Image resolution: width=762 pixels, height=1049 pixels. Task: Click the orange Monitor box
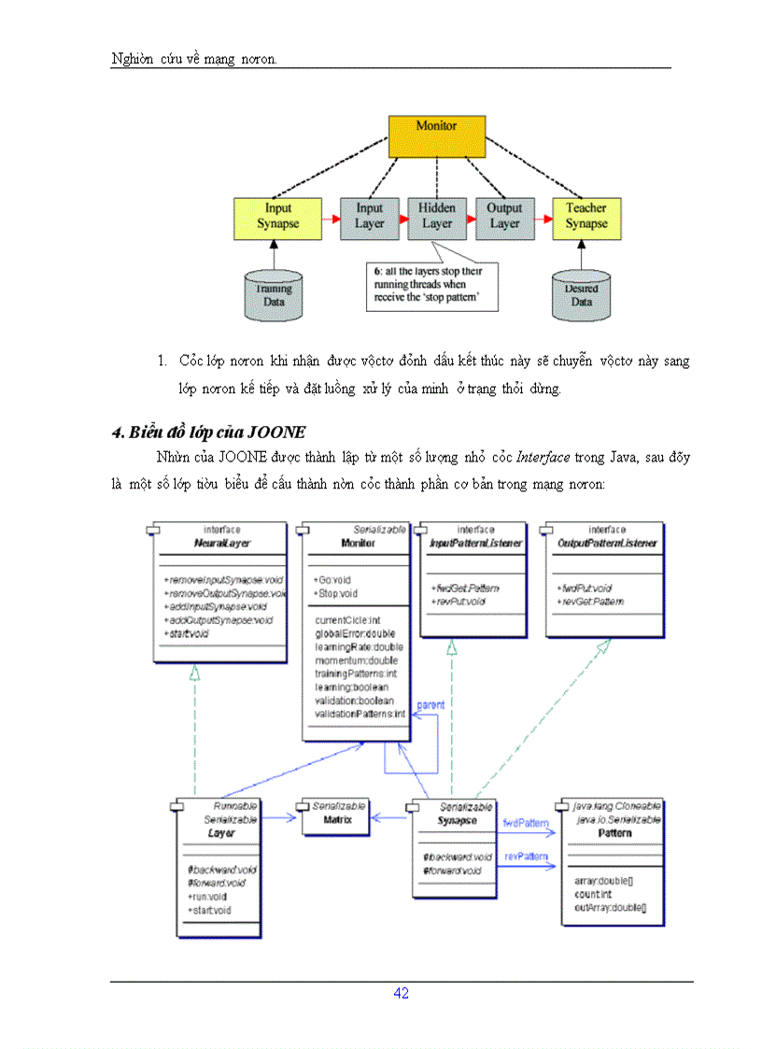tap(436, 136)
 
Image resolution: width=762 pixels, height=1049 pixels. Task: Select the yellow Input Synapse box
tap(277, 217)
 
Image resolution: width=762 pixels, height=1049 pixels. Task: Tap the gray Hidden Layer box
tap(437, 217)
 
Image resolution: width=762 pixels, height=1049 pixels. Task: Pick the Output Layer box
tap(504, 217)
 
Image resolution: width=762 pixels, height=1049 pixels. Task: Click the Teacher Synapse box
tap(586, 217)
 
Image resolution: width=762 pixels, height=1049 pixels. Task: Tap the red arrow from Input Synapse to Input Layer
tap(331, 217)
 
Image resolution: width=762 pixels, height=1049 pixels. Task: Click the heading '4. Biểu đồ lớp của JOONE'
tap(209, 432)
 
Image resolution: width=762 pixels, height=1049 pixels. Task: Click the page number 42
tap(401, 993)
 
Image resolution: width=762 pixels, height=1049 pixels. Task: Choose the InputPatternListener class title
tap(476, 543)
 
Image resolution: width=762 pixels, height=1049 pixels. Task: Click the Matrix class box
tap(335, 818)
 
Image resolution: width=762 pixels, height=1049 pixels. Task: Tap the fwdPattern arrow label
tap(525, 823)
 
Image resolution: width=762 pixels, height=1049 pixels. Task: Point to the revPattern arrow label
tap(525, 856)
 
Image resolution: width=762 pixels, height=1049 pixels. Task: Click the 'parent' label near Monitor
tap(430, 704)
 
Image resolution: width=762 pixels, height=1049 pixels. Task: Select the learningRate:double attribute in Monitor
tap(359, 646)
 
